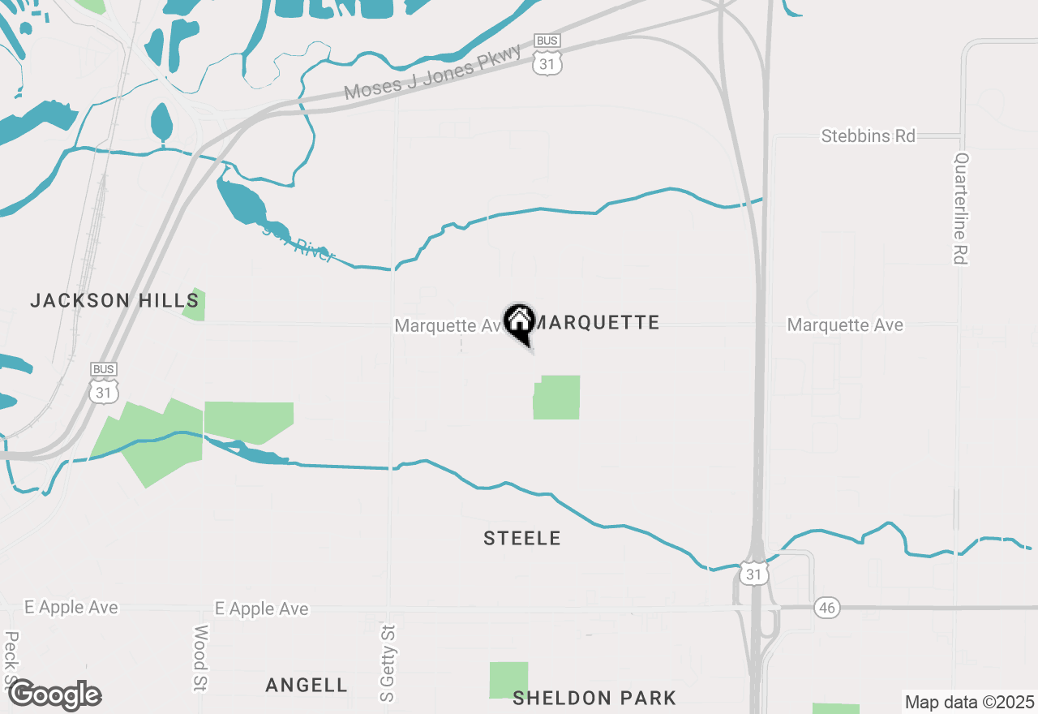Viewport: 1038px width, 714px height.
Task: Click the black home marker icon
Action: (x=519, y=322)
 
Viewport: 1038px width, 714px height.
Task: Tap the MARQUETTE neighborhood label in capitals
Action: (x=598, y=323)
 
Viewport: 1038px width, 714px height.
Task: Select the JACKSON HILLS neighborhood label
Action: (x=114, y=300)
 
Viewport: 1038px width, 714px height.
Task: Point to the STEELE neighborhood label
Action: (x=522, y=538)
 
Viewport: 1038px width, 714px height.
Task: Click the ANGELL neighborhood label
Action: (x=307, y=685)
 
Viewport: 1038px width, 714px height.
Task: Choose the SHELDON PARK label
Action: (x=594, y=698)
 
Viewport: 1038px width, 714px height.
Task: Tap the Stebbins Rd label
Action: (x=868, y=135)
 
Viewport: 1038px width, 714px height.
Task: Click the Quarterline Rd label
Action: (x=962, y=209)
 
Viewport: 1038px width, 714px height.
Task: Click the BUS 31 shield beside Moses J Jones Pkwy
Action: (x=547, y=55)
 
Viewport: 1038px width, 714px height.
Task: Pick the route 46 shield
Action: (x=826, y=607)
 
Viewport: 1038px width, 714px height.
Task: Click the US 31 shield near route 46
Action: (x=753, y=572)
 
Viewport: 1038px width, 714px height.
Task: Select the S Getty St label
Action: (x=387, y=663)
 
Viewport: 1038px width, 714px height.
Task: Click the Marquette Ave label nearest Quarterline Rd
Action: (x=845, y=325)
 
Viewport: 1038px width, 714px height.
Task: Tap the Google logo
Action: (x=54, y=695)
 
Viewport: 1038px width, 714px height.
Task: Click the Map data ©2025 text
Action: (x=969, y=702)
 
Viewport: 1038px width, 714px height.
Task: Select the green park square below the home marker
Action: (x=557, y=397)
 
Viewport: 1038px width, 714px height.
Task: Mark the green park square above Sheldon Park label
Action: (x=508, y=680)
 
